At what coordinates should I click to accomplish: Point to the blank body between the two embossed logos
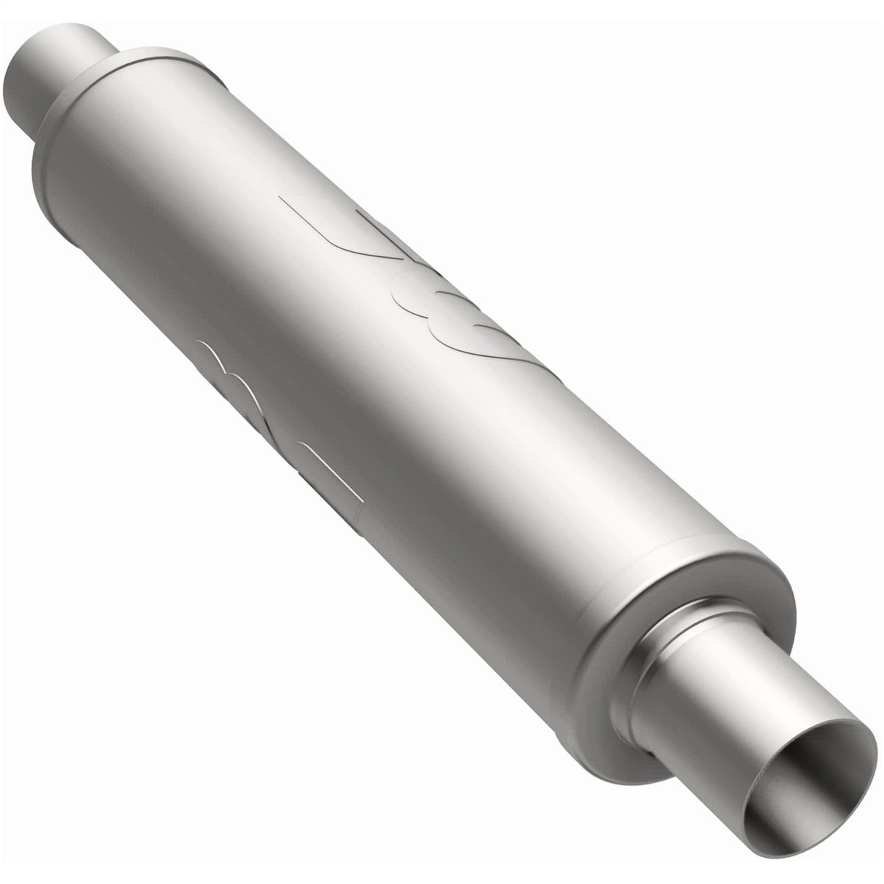tap(342, 342)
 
